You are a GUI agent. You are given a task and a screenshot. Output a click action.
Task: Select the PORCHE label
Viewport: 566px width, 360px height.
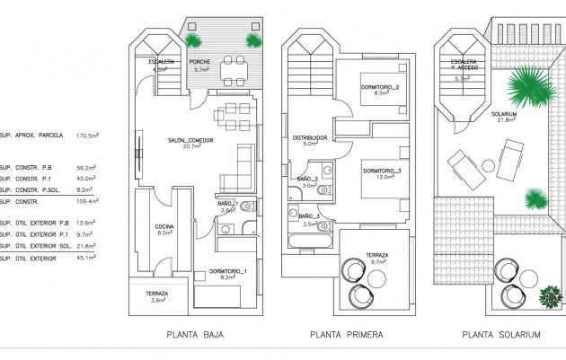(200, 62)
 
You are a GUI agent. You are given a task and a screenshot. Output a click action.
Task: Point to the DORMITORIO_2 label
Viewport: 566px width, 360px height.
(382, 85)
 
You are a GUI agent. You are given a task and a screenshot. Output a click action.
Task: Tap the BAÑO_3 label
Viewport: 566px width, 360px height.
(308, 216)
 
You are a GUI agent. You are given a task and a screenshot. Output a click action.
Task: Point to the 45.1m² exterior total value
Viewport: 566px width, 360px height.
(88, 258)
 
